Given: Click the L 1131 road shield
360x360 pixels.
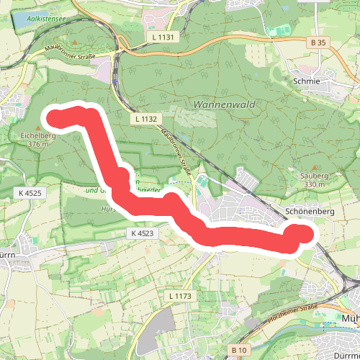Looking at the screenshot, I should tap(161, 35).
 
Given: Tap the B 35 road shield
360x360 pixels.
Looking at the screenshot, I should tap(318, 43).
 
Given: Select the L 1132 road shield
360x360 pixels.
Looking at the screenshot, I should tap(145, 117).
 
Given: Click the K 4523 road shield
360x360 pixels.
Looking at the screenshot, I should tap(143, 233).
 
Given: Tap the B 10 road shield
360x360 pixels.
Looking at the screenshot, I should tap(238, 350).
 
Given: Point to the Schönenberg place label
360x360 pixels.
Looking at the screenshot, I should tap(311, 212).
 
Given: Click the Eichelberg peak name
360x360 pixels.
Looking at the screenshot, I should tap(38, 134).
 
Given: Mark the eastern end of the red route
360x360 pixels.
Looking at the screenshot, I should tap(304, 233).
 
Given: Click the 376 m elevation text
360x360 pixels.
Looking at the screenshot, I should tap(38, 143).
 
